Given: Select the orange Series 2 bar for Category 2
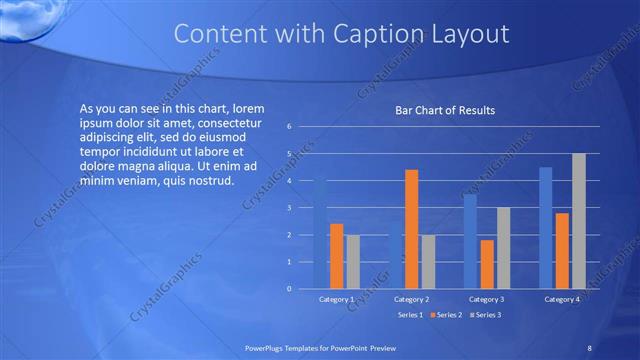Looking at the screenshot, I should point(411,229).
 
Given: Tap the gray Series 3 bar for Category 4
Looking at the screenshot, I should point(579,221).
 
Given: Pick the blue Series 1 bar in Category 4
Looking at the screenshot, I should point(546,228).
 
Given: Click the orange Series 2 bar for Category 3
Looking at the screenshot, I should point(487,264).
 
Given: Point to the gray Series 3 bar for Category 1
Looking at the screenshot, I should point(353,262).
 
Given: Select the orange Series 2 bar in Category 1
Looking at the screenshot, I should point(337,256).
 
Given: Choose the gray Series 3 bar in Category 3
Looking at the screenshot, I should point(504,248).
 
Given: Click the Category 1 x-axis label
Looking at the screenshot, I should point(336,300).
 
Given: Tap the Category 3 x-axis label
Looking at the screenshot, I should point(487,300).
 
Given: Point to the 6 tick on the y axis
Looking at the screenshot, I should point(289,127).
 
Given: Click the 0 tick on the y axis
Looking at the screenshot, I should point(289,289).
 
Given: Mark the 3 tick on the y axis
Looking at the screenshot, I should point(289,208).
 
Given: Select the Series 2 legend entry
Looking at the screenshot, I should point(448,316).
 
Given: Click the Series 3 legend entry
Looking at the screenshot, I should point(487,316).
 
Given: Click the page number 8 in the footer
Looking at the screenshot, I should point(589,347).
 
